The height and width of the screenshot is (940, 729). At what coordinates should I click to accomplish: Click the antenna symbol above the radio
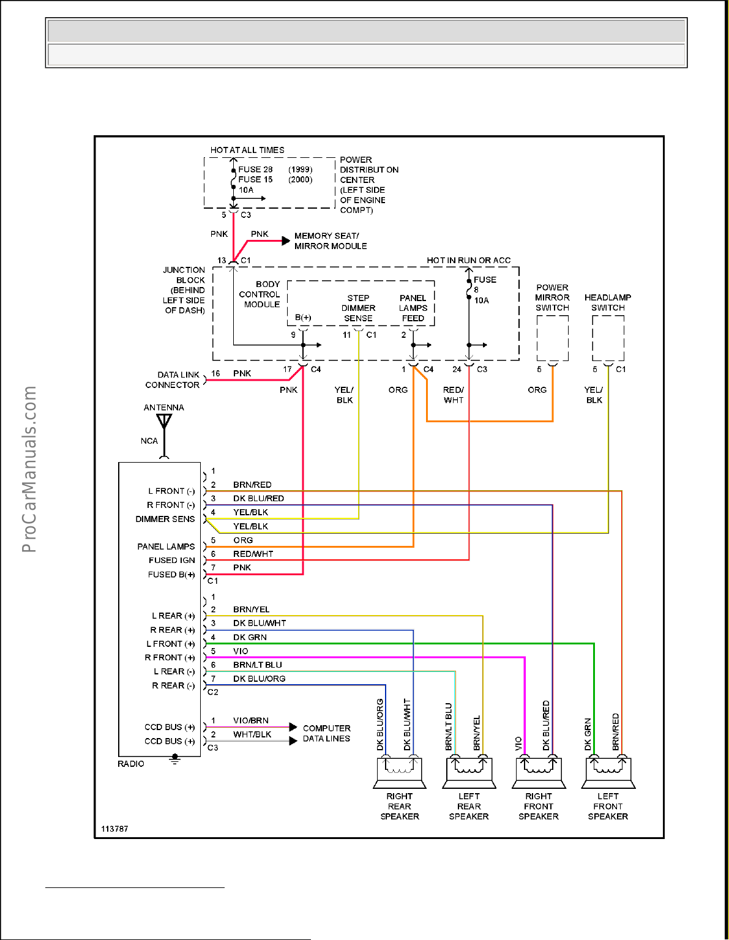[x=164, y=422]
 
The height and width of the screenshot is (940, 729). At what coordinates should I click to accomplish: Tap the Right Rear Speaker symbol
[x=400, y=773]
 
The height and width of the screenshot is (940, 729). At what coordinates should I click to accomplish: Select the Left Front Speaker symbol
[x=608, y=773]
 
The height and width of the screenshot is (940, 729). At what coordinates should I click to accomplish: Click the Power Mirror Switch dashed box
[x=552, y=338]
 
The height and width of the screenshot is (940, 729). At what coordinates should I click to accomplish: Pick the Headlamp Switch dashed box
[x=608, y=338]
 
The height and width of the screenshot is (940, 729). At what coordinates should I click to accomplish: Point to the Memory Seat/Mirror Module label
[x=331, y=241]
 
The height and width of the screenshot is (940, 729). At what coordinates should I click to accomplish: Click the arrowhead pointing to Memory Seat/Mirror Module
[x=285, y=241]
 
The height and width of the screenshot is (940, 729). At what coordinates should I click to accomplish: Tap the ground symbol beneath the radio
[x=175, y=759]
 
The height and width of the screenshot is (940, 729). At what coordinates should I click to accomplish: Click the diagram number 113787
[x=114, y=829]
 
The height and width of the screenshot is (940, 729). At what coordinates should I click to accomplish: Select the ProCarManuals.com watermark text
[x=29, y=469]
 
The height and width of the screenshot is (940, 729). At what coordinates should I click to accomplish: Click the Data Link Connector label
[x=172, y=380]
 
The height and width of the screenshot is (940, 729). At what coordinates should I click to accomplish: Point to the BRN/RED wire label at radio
[x=252, y=485]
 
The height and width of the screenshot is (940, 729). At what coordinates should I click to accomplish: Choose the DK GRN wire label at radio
[x=250, y=637]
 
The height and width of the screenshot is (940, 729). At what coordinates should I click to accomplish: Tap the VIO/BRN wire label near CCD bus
[x=250, y=720]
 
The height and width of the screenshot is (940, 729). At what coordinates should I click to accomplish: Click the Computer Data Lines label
[x=326, y=733]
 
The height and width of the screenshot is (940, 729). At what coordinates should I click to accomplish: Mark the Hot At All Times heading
[x=247, y=150]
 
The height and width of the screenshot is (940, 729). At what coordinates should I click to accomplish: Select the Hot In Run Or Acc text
[x=468, y=260]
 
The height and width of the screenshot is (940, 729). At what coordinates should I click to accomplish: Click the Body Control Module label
[x=261, y=294]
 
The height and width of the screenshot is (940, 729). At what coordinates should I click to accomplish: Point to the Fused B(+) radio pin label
[x=171, y=575]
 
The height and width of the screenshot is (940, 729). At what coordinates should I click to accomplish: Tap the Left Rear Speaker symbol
[x=469, y=773]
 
